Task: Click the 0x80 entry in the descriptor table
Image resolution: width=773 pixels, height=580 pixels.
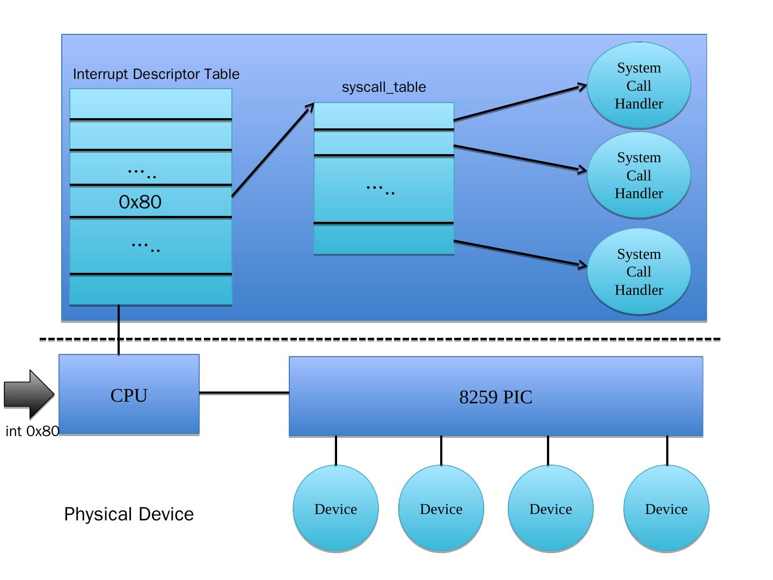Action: [141, 202]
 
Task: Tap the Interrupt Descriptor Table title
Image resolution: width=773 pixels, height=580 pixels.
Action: [156, 74]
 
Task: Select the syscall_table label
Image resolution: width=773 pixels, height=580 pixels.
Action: [384, 87]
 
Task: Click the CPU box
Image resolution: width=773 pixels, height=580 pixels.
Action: [129, 395]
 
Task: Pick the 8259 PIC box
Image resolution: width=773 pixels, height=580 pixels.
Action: [495, 396]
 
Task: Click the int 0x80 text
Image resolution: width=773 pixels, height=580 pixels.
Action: [32, 431]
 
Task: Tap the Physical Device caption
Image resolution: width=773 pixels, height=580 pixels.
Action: [129, 514]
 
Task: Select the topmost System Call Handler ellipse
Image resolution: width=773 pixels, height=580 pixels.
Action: [639, 86]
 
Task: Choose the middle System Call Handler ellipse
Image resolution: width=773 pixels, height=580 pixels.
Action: [639, 175]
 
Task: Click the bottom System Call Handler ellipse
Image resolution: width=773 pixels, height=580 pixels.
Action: [639, 272]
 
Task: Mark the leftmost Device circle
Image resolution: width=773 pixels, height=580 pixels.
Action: [336, 509]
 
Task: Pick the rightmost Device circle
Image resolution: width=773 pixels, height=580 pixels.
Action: [666, 509]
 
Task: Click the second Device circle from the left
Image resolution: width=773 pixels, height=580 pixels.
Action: [441, 509]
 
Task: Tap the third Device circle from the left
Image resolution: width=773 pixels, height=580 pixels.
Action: [551, 509]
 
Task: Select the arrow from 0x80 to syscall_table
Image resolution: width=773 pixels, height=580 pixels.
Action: [273, 150]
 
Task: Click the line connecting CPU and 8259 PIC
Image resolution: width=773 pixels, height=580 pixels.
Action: [244, 393]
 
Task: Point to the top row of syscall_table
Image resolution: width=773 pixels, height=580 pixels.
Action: [384, 116]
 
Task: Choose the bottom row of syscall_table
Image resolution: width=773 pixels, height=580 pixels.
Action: [384, 238]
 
